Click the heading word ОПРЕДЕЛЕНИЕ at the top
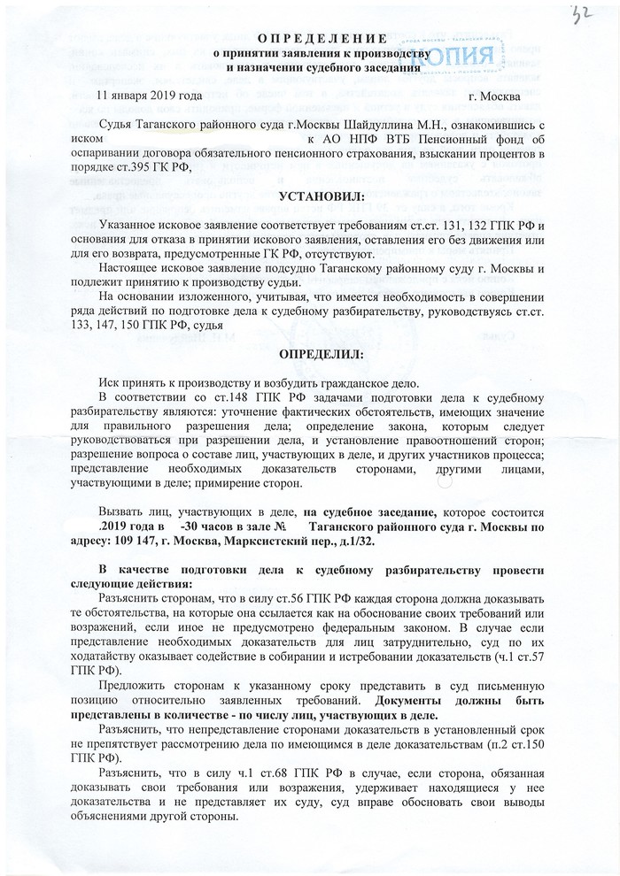322,39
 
